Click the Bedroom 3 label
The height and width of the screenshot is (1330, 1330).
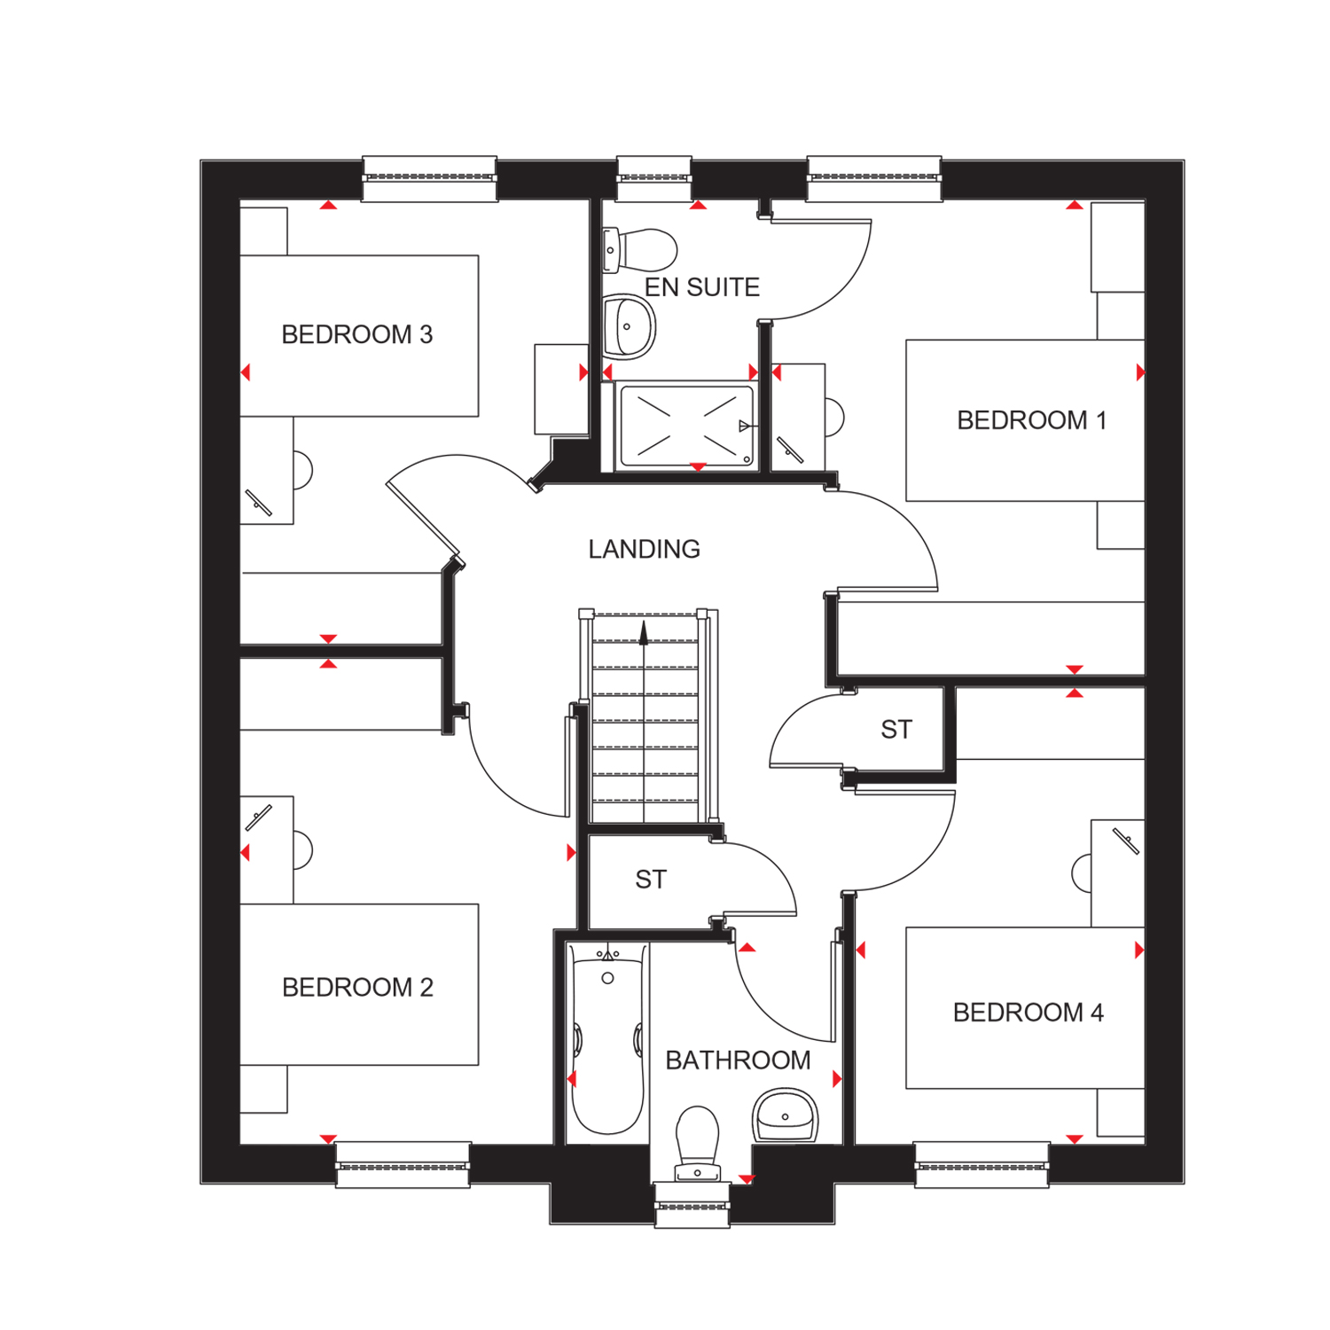(357, 334)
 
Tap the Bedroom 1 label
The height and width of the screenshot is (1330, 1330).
(1032, 420)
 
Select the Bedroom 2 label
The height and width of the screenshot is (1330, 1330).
(357, 987)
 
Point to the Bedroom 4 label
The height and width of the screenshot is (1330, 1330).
(1029, 1013)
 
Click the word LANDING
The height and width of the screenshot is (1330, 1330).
(645, 550)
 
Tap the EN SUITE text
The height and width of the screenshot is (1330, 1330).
(702, 287)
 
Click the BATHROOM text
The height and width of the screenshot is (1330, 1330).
(739, 1060)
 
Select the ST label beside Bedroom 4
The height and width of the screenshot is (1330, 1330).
(896, 730)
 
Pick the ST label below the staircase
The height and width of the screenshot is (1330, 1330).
(651, 880)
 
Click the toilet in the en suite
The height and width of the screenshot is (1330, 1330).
(640, 250)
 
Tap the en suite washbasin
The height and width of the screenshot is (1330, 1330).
(629, 327)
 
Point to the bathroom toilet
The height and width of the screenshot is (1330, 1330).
(698, 1144)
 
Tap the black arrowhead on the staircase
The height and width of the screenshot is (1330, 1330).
(644, 632)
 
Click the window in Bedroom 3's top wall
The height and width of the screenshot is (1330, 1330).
(430, 178)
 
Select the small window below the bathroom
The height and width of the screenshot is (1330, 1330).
(692, 1206)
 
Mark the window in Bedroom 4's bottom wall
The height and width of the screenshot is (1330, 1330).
(982, 1164)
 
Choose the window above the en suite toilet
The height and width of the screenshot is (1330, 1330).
(654, 178)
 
